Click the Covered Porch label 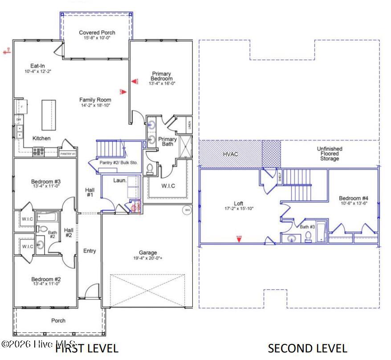click(x=97, y=33)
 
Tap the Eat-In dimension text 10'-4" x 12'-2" click(x=38, y=71)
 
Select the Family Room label click(x=95, y=100)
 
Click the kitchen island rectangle click(x=49, y=114)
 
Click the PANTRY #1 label click(x=67, y=154)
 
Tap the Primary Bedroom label click(x=161, y=76)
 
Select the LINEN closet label click(x=189, y=124)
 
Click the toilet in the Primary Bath click(x=150, y=168)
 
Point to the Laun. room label click(x=120, y=180)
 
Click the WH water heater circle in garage click(x=187, y=209)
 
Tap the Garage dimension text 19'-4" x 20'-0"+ click(x=147, y=258)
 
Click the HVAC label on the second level click(x=230, y=154)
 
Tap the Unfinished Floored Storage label click(x=329, y=154)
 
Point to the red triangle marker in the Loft click(x=239, y=239)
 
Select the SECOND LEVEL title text click(x=307, y=348)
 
